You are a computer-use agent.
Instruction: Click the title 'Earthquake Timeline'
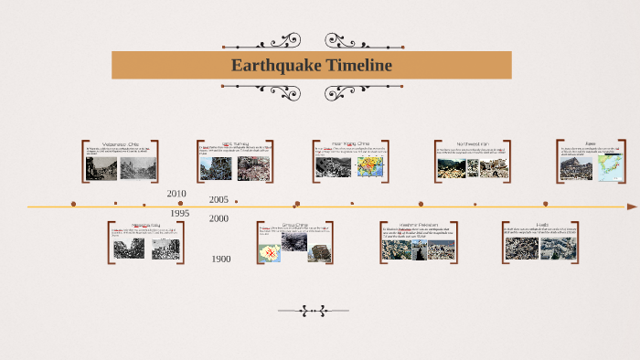[x=311, y=66]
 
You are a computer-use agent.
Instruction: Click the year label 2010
[x=176, y=194]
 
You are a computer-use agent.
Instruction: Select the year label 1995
[x=179, y=213]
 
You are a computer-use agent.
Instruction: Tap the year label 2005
[x=219, y=199]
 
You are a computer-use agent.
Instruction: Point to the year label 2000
[x=219, y=218]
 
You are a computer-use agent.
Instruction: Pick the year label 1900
[x=220, y=259]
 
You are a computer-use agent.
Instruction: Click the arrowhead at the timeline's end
[x=632, y=206]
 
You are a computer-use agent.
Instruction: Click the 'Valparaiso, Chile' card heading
[x=120, y=144]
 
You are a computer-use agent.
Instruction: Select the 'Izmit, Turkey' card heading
[x=235, y=144]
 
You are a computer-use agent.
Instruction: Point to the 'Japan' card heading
[x=591, y=143]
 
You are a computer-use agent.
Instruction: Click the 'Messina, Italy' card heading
[x=146, y=224]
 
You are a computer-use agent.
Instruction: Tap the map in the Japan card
[x=607, y=165]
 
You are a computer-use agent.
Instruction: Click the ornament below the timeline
[x=315, y=311]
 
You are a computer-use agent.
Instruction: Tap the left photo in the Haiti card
[x=522, y=247]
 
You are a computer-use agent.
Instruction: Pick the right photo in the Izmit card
[x=253, y=168]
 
